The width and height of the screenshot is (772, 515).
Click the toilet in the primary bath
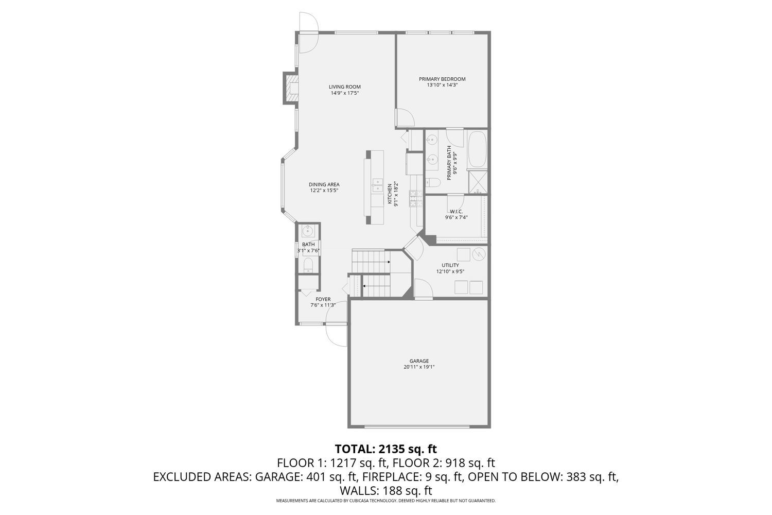tap(432, 182)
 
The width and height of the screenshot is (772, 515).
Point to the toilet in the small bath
tap(308, 265)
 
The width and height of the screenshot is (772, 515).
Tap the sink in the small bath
tap(308, 230)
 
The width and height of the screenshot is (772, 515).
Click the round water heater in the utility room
tap(479, 254)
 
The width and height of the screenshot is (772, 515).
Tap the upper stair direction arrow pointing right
tap(389, 262)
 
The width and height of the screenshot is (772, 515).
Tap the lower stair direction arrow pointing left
tap(364, 285)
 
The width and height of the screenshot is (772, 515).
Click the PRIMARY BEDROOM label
tap(442, 79)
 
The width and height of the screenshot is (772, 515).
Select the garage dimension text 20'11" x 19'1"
tap(419, 367)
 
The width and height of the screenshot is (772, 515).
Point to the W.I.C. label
tap(456, 211)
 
